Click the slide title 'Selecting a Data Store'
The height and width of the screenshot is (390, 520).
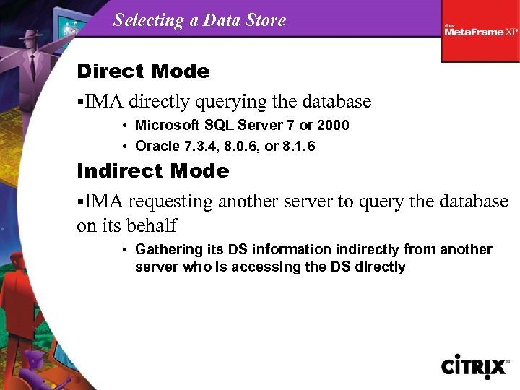click(199, 20)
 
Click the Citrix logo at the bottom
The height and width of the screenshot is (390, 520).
click(475, 366)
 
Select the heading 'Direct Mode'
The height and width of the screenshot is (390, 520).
click(143, 71)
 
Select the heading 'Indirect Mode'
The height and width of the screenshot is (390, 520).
click(152, 171)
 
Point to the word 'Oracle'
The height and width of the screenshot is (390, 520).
click(157, 147)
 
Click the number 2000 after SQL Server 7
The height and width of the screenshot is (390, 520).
click(333, 126)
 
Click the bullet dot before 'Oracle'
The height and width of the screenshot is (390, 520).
click(125, 147)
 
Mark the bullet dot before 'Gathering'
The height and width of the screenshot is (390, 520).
click(125, 251)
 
